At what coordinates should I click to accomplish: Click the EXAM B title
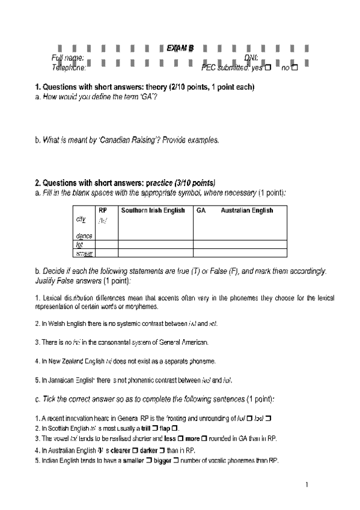[x=180, y=49]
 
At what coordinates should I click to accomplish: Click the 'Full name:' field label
[x=67, y=58]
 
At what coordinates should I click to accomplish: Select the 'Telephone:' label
[x=69, y=68]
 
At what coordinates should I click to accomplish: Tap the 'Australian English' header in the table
[x=246, y=210]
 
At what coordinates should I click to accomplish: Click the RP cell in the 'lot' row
[x=106, y=245]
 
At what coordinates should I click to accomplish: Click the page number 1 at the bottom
[x=307, y=485]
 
